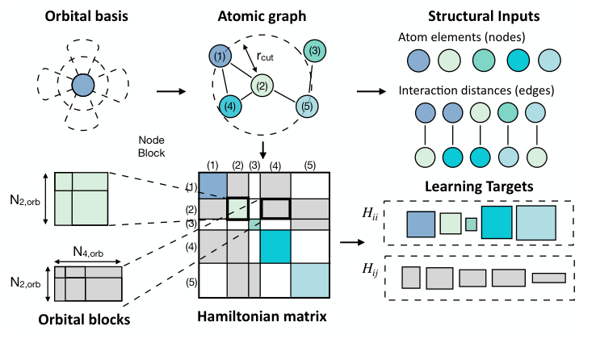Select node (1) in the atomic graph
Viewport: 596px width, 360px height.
(x=220, y=57)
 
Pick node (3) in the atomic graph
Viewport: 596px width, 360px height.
(x=316, y=51)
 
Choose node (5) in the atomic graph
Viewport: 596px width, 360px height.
(x=306, y=105)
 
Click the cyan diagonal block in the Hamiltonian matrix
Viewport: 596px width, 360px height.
(x=275, y=245)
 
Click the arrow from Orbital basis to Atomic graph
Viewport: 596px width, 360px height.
(x=168, y=90)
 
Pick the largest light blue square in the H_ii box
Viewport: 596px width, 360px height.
(x=535, y=221)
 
